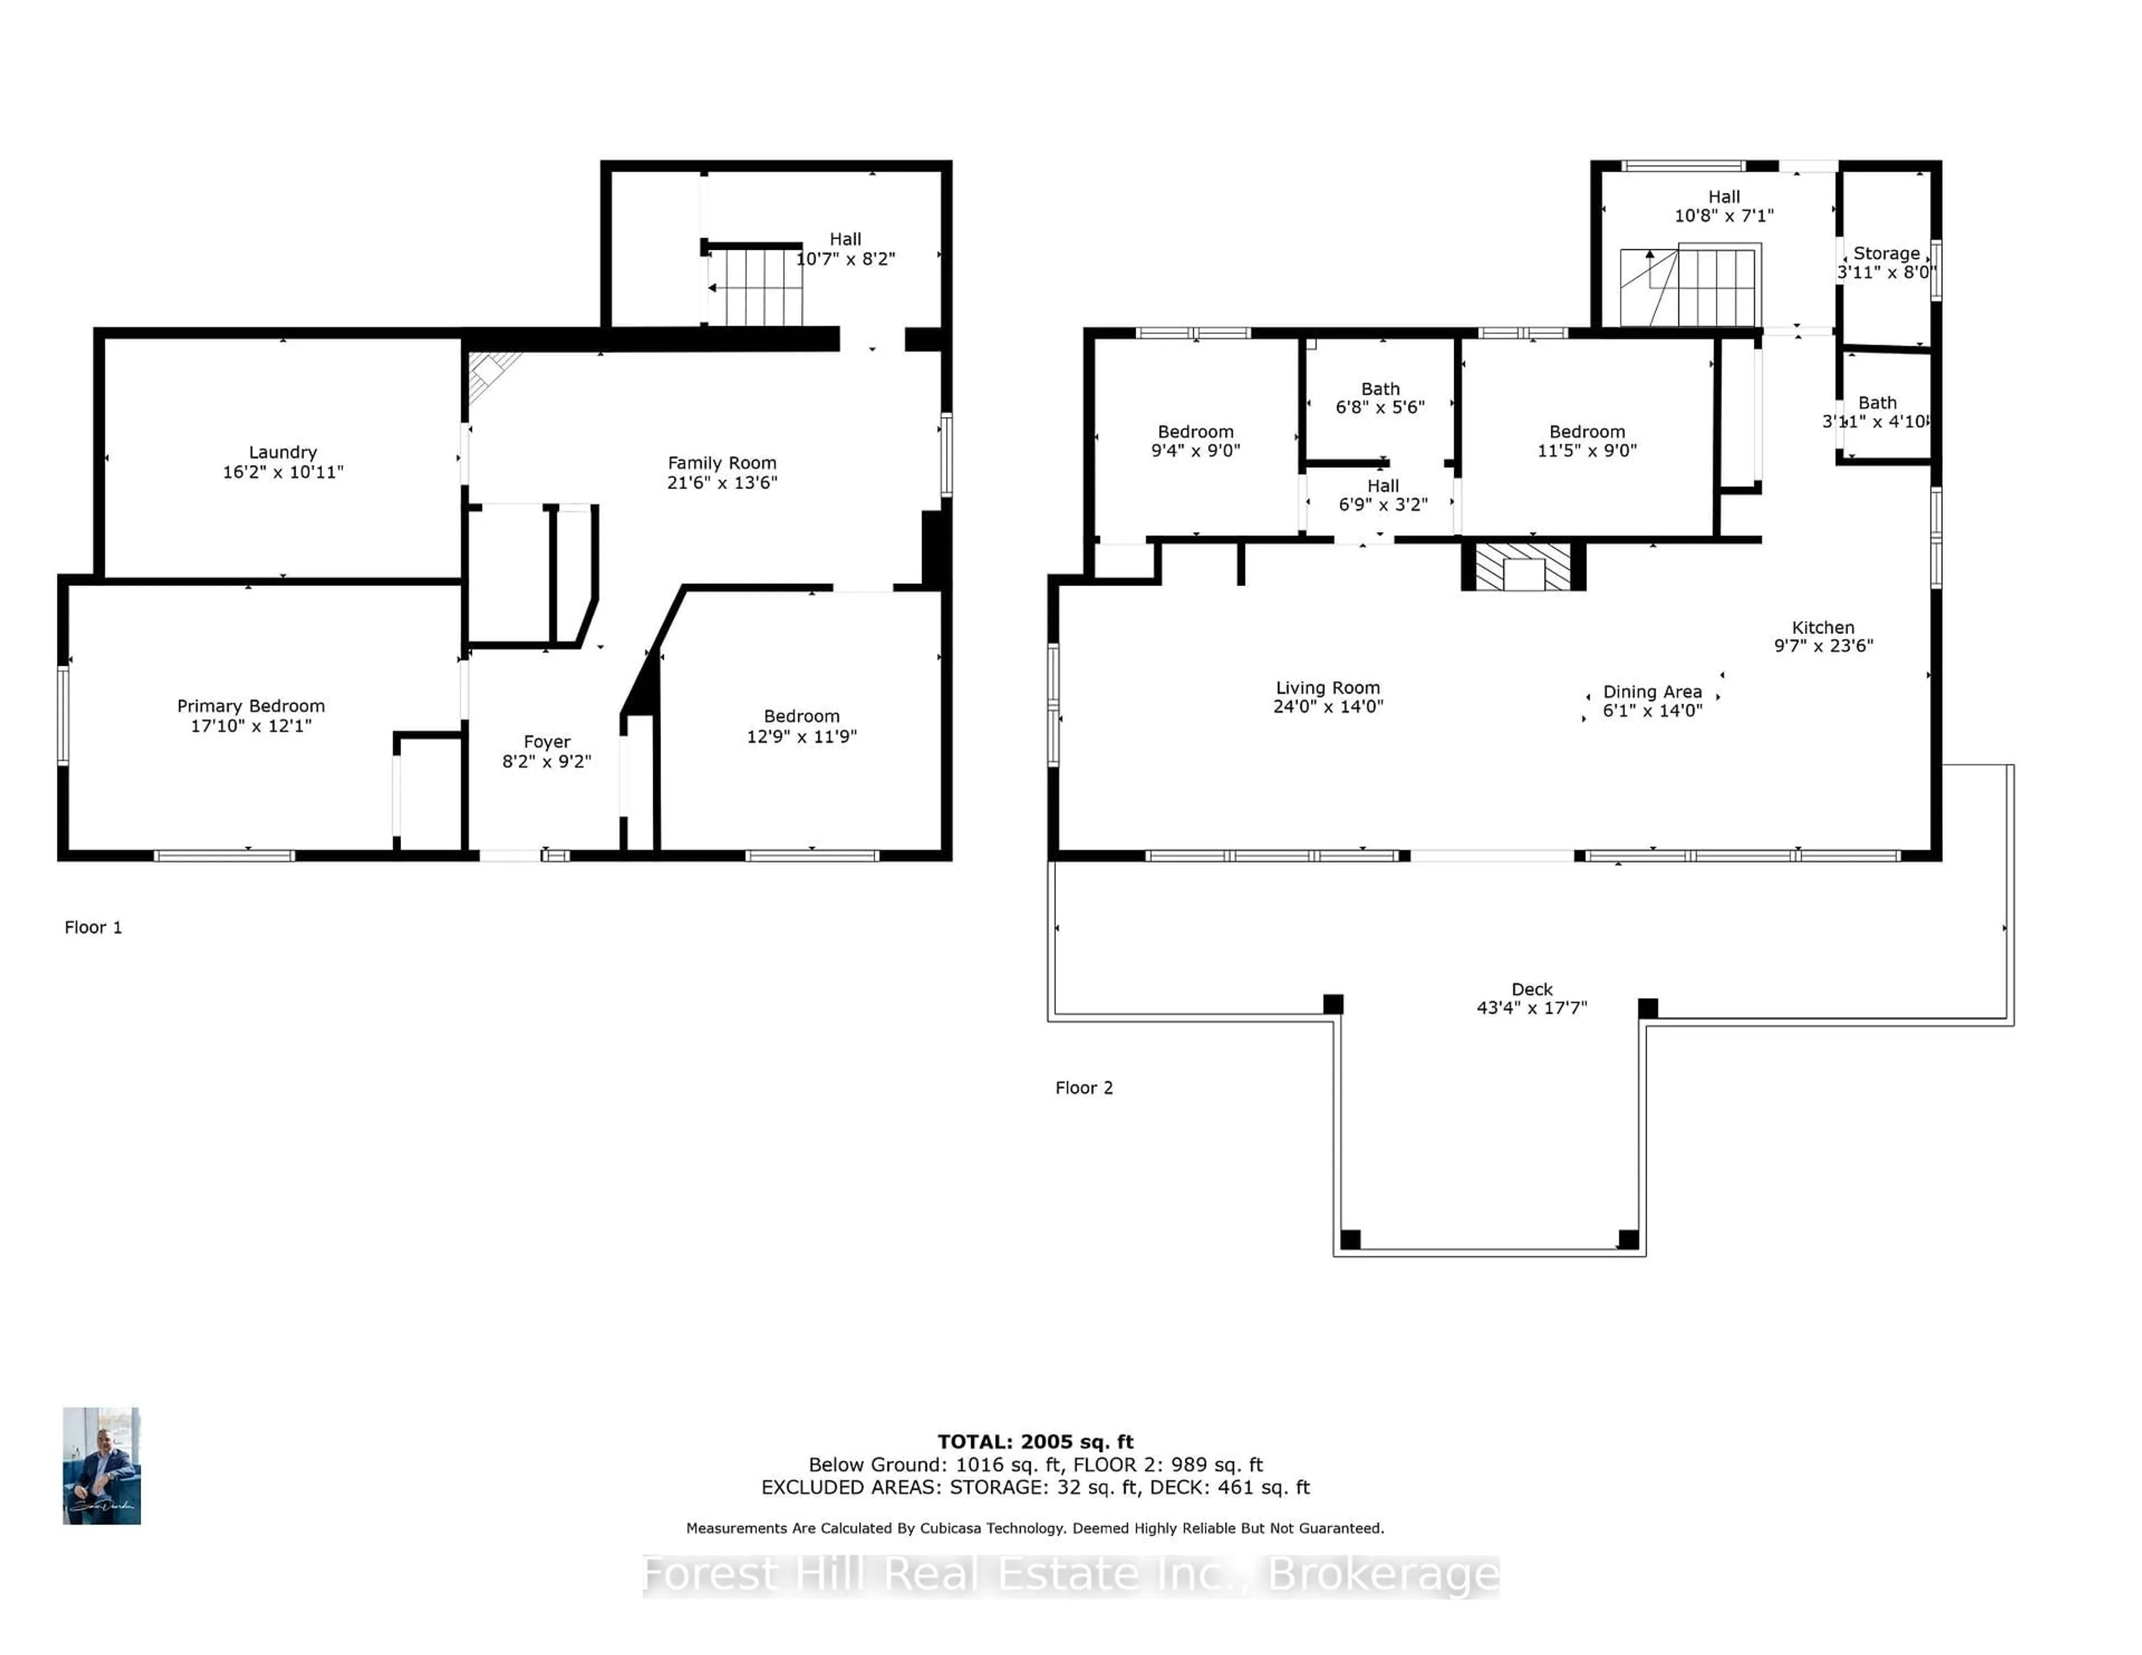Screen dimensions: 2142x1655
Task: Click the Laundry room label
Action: pos(282,452)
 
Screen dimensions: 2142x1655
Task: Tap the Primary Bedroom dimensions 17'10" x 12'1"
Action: pos(251,725)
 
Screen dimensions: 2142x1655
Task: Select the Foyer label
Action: pos(546,742)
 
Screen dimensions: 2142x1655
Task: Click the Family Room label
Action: pos(722,463)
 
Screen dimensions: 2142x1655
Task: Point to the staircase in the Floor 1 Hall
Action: pos(755,286)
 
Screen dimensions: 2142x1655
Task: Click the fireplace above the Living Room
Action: pos(1523,566)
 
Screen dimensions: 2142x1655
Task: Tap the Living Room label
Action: pos(1328,688)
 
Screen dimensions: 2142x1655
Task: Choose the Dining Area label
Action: pos(1653,692)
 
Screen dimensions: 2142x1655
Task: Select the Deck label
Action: pos(1532,989)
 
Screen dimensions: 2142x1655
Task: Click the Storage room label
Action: pos(1886,253)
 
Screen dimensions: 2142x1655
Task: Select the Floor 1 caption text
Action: pos(93,927)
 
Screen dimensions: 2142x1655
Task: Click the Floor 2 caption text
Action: pos(1084,1088)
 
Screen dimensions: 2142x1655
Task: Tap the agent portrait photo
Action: pos(102,1466)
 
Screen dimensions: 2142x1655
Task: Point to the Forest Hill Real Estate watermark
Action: pos(1071,1576)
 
